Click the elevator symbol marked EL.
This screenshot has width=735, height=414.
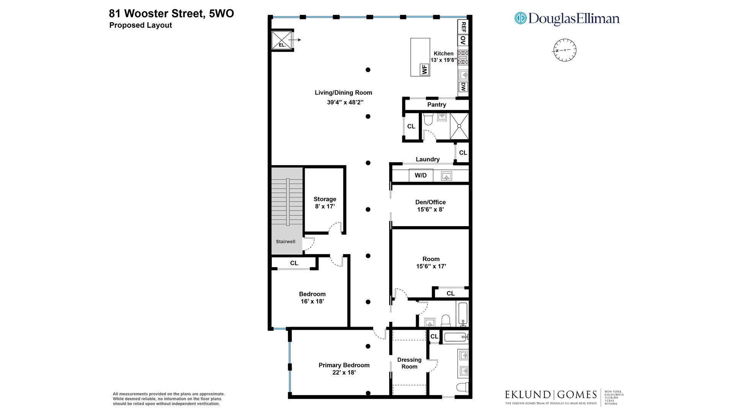coord(282,40)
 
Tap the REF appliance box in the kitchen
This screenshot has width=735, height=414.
coord(463,27)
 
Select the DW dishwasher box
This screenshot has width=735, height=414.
coord(463,87)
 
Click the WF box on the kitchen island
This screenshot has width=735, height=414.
coord(424,70)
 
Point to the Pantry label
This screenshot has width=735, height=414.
coord(436,105)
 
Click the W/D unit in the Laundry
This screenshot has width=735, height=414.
coord(420,176)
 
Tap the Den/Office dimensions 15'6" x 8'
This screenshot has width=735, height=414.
coord(430,210)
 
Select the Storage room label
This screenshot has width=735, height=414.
coord(325,199)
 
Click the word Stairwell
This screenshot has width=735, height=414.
coord(286,242)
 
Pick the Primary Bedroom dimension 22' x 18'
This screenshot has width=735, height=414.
coord(344,373)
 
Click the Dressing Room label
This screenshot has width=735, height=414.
coord(409,363)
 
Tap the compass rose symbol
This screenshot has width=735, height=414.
coord(565,50)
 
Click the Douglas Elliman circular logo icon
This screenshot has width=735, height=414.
coord(520,18)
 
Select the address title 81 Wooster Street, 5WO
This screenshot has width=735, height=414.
coord(171,13)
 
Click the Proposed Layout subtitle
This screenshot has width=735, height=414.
coord(140,25)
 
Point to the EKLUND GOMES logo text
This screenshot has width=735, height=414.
coord(550,394)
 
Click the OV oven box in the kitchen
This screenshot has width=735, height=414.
coord(463,40)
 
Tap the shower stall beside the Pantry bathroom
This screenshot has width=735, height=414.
coord(459,126)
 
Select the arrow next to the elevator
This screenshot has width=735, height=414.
coord(295,39)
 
